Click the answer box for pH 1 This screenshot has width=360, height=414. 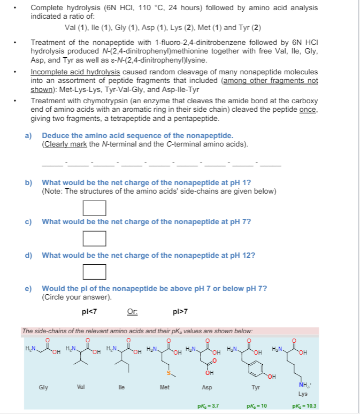click(94, 207)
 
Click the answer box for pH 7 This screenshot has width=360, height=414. click(94, 237)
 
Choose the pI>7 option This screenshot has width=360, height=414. click(180, 311)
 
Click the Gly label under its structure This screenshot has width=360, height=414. click(42, 387)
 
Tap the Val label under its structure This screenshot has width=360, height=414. click(81, 387)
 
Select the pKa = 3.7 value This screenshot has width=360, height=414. click(209, 406)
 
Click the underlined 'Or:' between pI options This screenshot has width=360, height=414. click(132, 311)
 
